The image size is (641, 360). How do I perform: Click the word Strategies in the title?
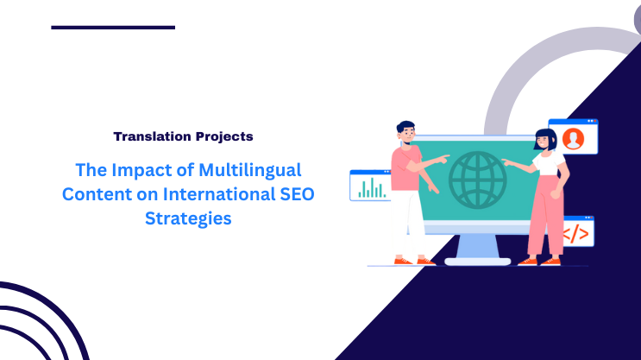pos(188,218)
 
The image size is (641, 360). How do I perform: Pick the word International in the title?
pos(213,194)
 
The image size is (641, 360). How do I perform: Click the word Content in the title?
pos(94,194)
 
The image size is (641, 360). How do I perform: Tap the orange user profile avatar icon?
pos(572,137)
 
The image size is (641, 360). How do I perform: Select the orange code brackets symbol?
pos(576,232)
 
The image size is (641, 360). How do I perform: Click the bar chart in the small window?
pos(372,186)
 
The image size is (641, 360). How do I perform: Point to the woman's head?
pos(544,139)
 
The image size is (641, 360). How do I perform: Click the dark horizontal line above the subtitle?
pos(113,28)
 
